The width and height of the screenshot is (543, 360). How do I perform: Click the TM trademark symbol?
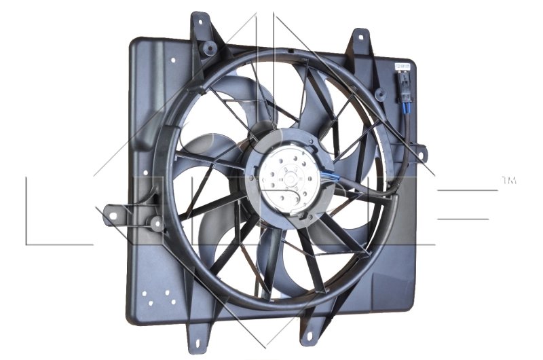pos(508,181)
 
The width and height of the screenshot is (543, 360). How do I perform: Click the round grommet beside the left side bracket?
pos(156,222)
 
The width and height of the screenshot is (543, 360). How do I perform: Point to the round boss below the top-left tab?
pos(210,48)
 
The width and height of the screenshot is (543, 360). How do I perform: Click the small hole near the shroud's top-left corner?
pos(174,60)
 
